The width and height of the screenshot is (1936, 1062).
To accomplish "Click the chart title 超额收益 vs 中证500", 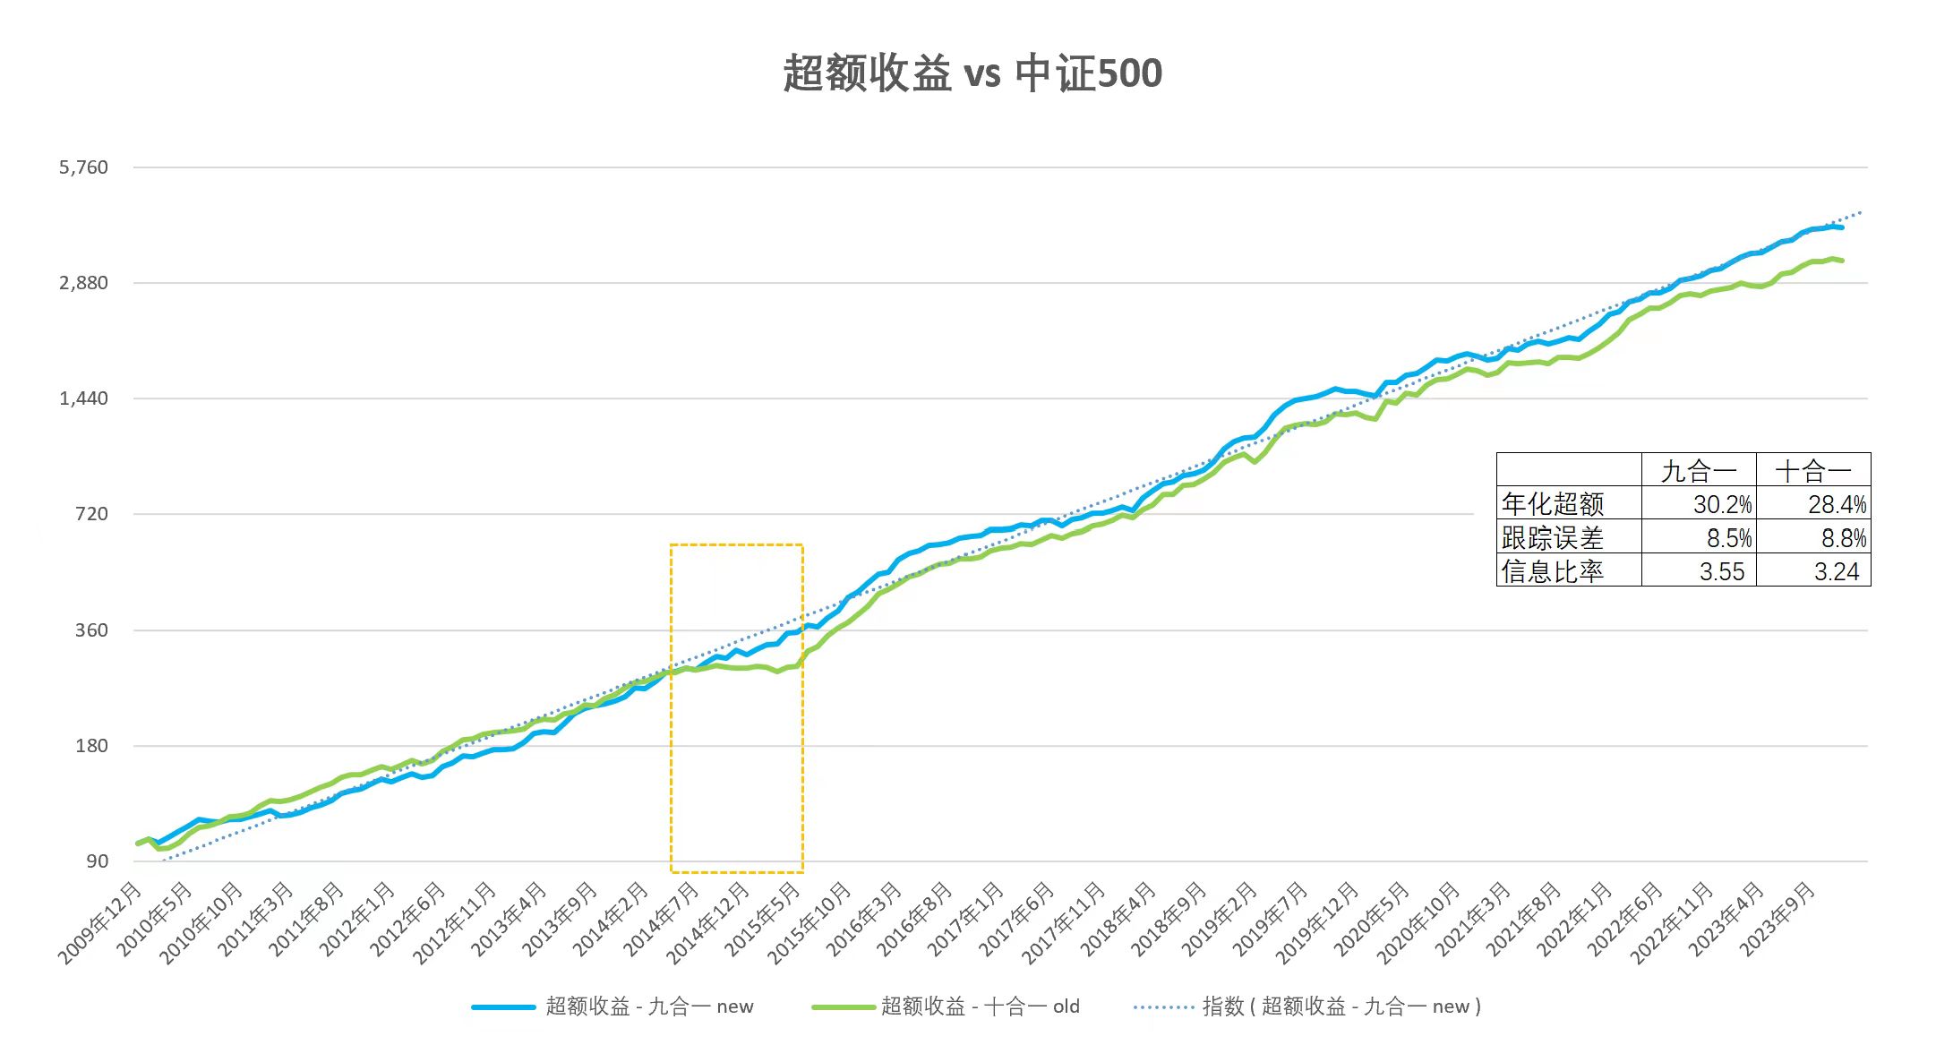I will [972, 73].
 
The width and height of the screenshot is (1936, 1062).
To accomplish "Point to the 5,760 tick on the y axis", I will [83, 167].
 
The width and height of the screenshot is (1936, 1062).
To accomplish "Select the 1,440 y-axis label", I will [83, 398].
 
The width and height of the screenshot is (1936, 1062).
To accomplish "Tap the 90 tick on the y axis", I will [97, 861].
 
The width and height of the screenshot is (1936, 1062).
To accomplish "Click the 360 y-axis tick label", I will [91, 630].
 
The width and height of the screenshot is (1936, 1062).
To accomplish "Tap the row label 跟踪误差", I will [1553, 538].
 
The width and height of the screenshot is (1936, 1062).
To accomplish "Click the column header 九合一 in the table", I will [1699, 471].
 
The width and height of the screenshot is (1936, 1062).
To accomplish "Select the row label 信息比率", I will [1553, 571].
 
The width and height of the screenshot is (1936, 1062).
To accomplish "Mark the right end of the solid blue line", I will [1841, 228].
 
